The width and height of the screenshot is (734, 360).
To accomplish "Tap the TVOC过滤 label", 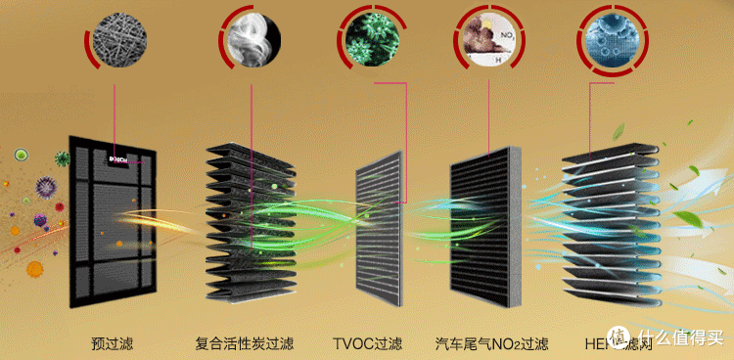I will pyautogui.click(x=368, y=344).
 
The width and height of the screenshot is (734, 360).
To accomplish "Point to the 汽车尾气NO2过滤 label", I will pyautogui.click(x=491, y=344).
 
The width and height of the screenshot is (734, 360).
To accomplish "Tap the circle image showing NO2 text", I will pyautogui.click(x=487, y=40).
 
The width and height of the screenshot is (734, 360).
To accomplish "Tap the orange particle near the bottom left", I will pyautogui.click(x=35, y=267).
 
